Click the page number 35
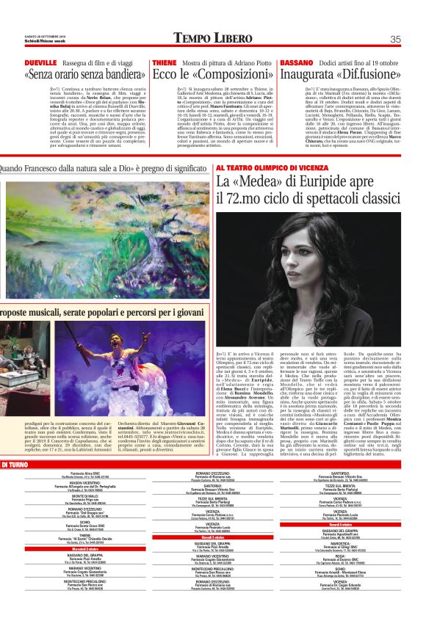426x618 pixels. coord(394,39)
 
